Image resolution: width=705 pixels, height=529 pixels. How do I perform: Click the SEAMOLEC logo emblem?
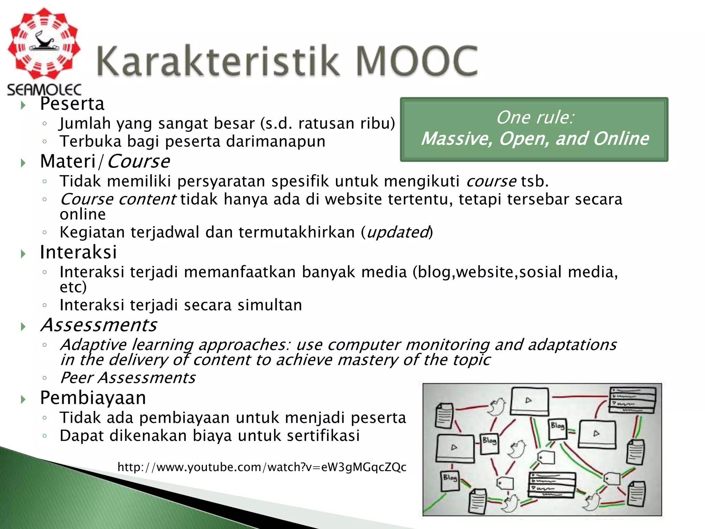tap(44, 44)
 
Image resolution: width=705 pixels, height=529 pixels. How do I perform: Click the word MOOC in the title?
tap(417, 61)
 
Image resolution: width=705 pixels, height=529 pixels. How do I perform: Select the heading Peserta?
tap(72, 104)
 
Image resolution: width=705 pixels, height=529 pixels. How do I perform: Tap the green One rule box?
tap(534, 129)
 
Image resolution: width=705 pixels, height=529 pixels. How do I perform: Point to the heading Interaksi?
tap(78, 252)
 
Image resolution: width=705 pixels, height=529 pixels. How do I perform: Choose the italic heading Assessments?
tap(98, 325)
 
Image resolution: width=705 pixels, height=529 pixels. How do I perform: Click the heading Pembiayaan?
tap(93, 398)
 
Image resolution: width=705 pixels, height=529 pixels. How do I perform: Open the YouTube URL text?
tap(262, 467)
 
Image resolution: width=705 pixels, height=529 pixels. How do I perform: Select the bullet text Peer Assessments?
tap(128, 378)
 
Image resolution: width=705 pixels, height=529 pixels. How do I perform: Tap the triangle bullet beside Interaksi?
tap(23, 254)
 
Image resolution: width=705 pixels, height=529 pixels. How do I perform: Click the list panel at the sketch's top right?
tap(632, 400)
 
